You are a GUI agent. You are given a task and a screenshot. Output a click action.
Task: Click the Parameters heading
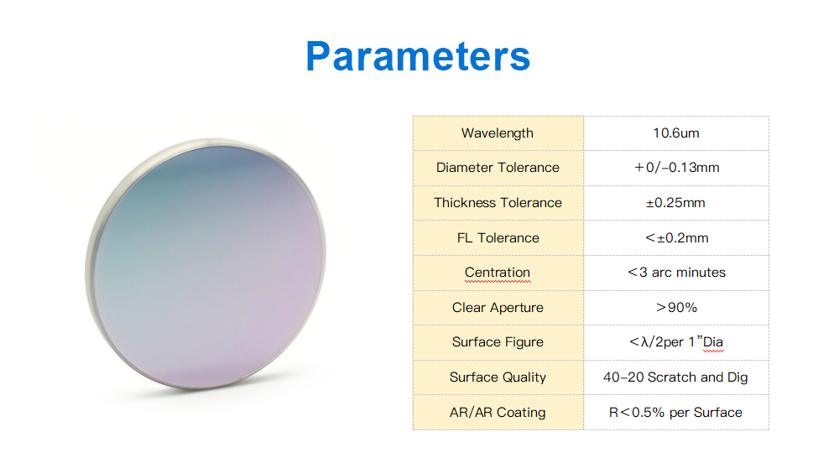(418, 56)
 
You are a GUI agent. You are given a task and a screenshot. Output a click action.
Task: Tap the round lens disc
(206, 263)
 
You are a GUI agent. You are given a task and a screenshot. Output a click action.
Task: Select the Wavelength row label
(498, 133)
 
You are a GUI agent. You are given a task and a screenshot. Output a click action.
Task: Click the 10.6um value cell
(676, 133)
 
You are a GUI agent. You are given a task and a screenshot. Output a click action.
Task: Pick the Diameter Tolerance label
(498, 168)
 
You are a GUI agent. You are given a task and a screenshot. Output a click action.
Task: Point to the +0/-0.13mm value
(676, 168)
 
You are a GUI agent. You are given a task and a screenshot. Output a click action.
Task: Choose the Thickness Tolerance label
(498, 203)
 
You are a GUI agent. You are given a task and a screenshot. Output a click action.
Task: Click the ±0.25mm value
(675, 203)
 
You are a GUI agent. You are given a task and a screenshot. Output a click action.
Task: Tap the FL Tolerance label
(498, 238)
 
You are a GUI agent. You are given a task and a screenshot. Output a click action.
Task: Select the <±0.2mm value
(677, 238)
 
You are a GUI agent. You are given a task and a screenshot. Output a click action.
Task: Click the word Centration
(498, 273)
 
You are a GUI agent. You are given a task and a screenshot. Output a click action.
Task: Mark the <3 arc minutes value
(677, 273)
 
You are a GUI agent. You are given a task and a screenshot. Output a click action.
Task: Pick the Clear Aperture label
(498, 308)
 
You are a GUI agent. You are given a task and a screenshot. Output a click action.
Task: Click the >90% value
(677, 308)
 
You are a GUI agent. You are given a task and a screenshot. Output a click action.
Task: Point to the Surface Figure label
(498, 342)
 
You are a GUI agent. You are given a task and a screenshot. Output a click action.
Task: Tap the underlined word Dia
(712, 342)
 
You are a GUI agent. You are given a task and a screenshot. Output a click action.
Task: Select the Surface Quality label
(498, 377)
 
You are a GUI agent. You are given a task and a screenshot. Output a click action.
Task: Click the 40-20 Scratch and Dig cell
(675, 377)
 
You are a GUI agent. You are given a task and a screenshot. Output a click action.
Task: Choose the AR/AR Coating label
(498, 413)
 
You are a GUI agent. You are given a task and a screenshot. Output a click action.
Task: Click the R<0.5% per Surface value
(675, 413)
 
